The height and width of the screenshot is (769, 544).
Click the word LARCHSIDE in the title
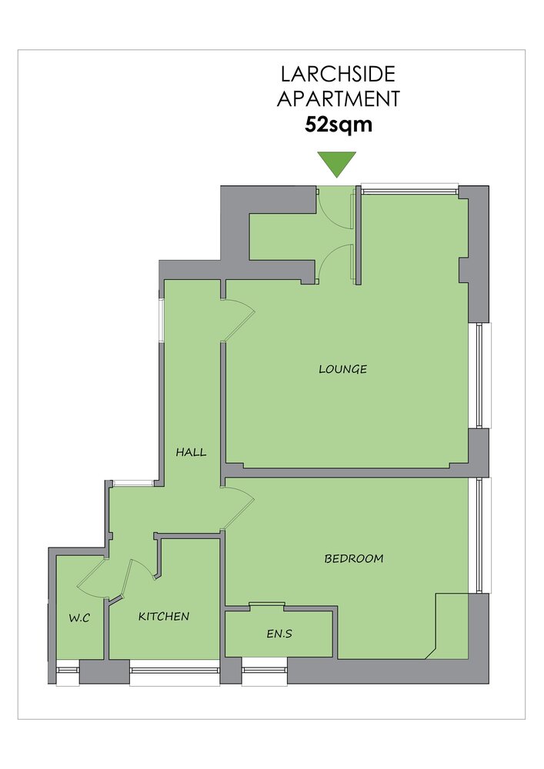coord(338,74)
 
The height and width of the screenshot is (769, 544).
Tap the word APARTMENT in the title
coord(339,98)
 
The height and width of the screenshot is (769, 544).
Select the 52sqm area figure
coord(339,124)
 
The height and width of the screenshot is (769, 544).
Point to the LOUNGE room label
coord(343,369)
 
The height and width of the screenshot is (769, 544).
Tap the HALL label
coord(192,452)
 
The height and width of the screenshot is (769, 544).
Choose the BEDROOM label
coord(354,558)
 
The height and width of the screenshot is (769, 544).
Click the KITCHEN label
coord(164,616)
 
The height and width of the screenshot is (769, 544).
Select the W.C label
coord(79,618)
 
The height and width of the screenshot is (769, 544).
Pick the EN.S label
coord(279,634)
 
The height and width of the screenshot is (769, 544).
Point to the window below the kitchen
coord(174,672)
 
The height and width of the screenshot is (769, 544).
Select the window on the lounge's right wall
coord(479,376)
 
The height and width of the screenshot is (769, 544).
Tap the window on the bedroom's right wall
coord(479,535)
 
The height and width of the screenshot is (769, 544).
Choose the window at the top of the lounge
coord(409,188)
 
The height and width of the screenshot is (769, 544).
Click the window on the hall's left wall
coord(161,318)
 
